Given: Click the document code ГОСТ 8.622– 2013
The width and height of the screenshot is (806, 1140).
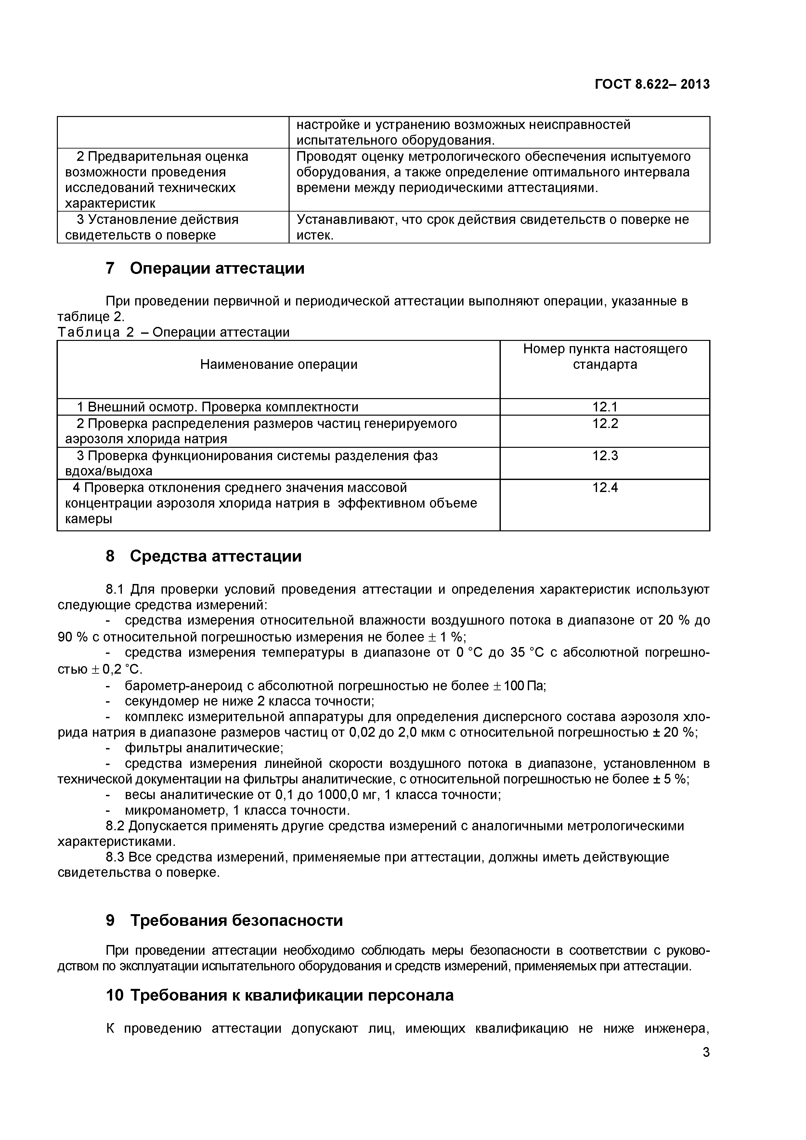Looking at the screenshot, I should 652,84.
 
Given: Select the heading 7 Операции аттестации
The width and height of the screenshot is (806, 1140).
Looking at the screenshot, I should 205,269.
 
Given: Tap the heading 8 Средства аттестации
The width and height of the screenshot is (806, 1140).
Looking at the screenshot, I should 203,556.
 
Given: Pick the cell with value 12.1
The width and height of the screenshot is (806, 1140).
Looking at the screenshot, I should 604,407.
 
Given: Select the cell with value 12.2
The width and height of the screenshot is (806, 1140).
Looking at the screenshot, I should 604,423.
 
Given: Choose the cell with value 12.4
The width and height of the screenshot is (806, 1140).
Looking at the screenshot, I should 604,487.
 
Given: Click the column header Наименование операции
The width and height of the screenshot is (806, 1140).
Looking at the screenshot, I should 279,364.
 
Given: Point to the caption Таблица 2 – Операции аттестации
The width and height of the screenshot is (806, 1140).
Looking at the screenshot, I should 173,332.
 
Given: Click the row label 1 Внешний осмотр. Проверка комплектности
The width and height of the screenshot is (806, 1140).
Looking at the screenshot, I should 217,407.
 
